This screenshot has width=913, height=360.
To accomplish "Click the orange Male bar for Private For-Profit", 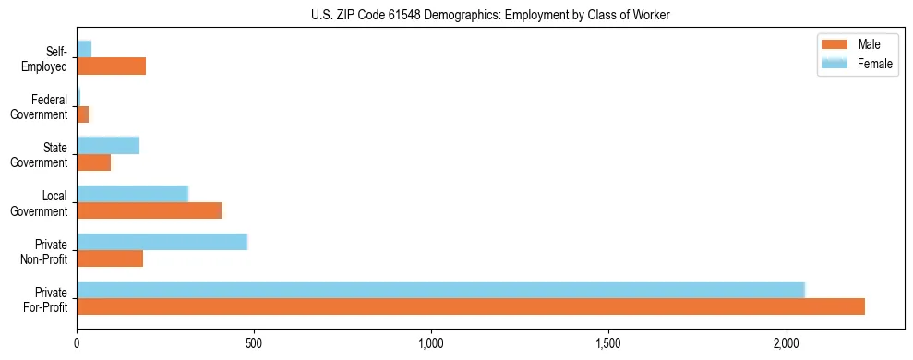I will pos(471,306).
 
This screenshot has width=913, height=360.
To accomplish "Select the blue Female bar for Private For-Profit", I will pos(440,289).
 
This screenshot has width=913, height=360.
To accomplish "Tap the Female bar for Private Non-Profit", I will pos(162,242).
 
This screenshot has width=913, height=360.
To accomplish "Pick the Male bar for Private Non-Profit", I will pos(110,258).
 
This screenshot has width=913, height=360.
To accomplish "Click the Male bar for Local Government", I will pos(149,210).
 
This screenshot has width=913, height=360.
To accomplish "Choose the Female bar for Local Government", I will pos(132,194).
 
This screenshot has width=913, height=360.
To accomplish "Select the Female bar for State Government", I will pos(108,145).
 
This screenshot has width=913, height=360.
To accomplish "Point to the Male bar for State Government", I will pos(93,162).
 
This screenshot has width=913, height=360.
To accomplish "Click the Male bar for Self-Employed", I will pos(111,66).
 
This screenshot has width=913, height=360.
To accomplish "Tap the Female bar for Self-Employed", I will pos(84,49).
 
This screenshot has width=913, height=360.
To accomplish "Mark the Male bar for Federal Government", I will pos(82,114).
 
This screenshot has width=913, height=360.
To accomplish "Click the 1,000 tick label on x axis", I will pos(431,342).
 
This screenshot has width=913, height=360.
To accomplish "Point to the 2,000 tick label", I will pos(786,342).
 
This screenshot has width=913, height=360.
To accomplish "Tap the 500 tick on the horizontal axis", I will pos(254,342).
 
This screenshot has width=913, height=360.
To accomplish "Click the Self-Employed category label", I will pos(46,58).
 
